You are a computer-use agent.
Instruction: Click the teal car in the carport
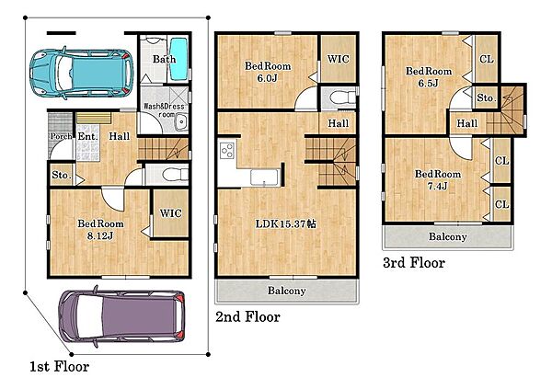click(82, 74)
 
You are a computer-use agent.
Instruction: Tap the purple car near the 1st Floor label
click(121, 316)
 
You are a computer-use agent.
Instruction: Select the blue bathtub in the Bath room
click(178, 60)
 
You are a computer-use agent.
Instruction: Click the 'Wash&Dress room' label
click(164, 109)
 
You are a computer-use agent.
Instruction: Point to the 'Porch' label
click(62, 136)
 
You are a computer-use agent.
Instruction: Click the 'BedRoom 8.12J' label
click(100, 230)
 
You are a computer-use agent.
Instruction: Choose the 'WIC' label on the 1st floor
click(171, 213)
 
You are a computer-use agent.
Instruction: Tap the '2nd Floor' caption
click(247, 317)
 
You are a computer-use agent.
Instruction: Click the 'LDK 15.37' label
click(285, 223)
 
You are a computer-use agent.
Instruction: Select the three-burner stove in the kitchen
click(227, 150)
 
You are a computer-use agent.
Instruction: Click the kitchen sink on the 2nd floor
click(265, 177)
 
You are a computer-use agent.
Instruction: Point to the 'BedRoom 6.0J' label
click(268, 72)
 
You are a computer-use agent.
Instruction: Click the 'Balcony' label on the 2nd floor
click(286, 291)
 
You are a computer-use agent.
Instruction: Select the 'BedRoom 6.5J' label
click(429, 76)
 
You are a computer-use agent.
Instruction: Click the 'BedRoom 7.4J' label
click(438, 179)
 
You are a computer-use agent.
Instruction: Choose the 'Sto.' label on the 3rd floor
click(486, 97)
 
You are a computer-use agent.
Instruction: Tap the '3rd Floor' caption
click(414, 263)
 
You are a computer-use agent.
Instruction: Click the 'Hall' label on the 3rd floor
click(467, 123)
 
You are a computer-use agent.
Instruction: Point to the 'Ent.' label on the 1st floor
click(87, 136)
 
